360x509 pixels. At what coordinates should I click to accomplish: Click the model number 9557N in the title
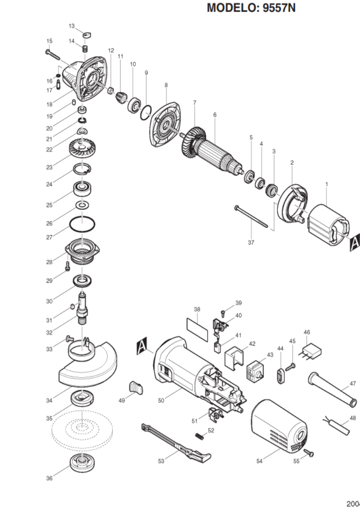point(279,7)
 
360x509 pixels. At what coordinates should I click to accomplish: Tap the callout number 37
point(251,242)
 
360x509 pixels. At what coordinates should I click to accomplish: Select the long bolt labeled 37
point(252,217)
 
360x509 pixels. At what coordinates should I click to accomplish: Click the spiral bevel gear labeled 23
point(81,148)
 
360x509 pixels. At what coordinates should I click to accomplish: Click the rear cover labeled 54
point(279,427)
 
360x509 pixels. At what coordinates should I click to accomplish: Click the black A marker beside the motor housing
point(142,345)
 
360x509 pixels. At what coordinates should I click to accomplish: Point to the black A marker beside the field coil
point(355,242)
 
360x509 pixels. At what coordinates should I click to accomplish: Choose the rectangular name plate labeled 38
point(197,329)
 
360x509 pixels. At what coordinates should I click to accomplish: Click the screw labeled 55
point(309,453)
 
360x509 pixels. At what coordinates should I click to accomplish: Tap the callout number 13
point(72,26)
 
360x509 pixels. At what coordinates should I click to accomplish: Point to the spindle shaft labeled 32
point(83,310)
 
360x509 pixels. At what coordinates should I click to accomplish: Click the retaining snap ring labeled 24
point(82,169)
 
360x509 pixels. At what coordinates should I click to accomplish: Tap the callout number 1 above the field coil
point(326,184)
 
